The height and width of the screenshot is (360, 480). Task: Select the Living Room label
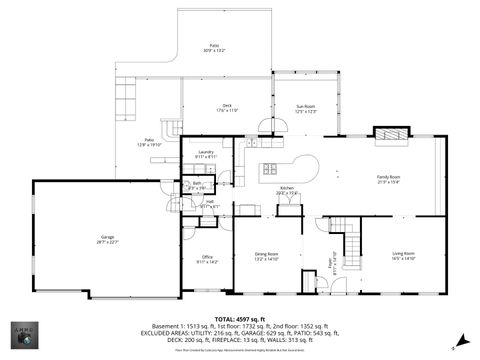[402, 256]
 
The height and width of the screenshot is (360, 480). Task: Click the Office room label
[207, 259]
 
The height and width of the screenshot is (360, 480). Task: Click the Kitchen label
[286, 190]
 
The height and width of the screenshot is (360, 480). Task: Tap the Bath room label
[197, 185]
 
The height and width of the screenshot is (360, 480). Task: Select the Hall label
[210, 204]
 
